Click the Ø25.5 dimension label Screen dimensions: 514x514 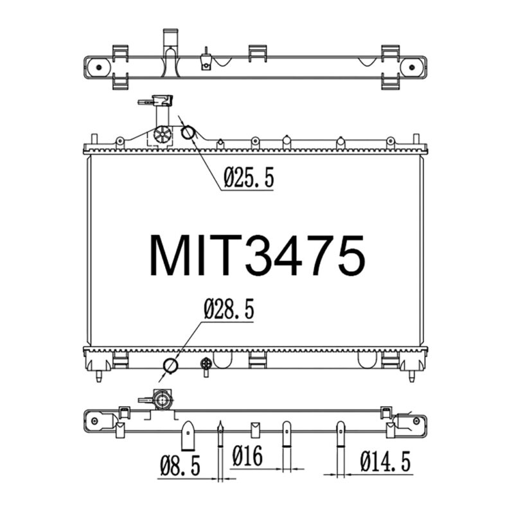(249, 177)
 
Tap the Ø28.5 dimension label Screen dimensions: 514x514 (229, 309)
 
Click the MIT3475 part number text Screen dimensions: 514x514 (257, 255)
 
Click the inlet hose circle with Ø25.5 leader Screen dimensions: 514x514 (188, 132)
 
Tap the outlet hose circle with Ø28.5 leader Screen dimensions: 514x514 (170, 366)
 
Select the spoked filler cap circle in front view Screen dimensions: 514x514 (163, 134)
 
